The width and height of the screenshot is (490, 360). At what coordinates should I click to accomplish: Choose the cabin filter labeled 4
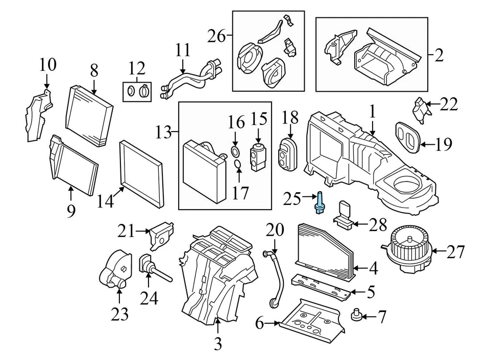pyautogui.click(x=324, y=251)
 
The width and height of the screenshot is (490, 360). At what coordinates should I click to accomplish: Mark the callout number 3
pyautogui.click(x=218, y=344)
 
